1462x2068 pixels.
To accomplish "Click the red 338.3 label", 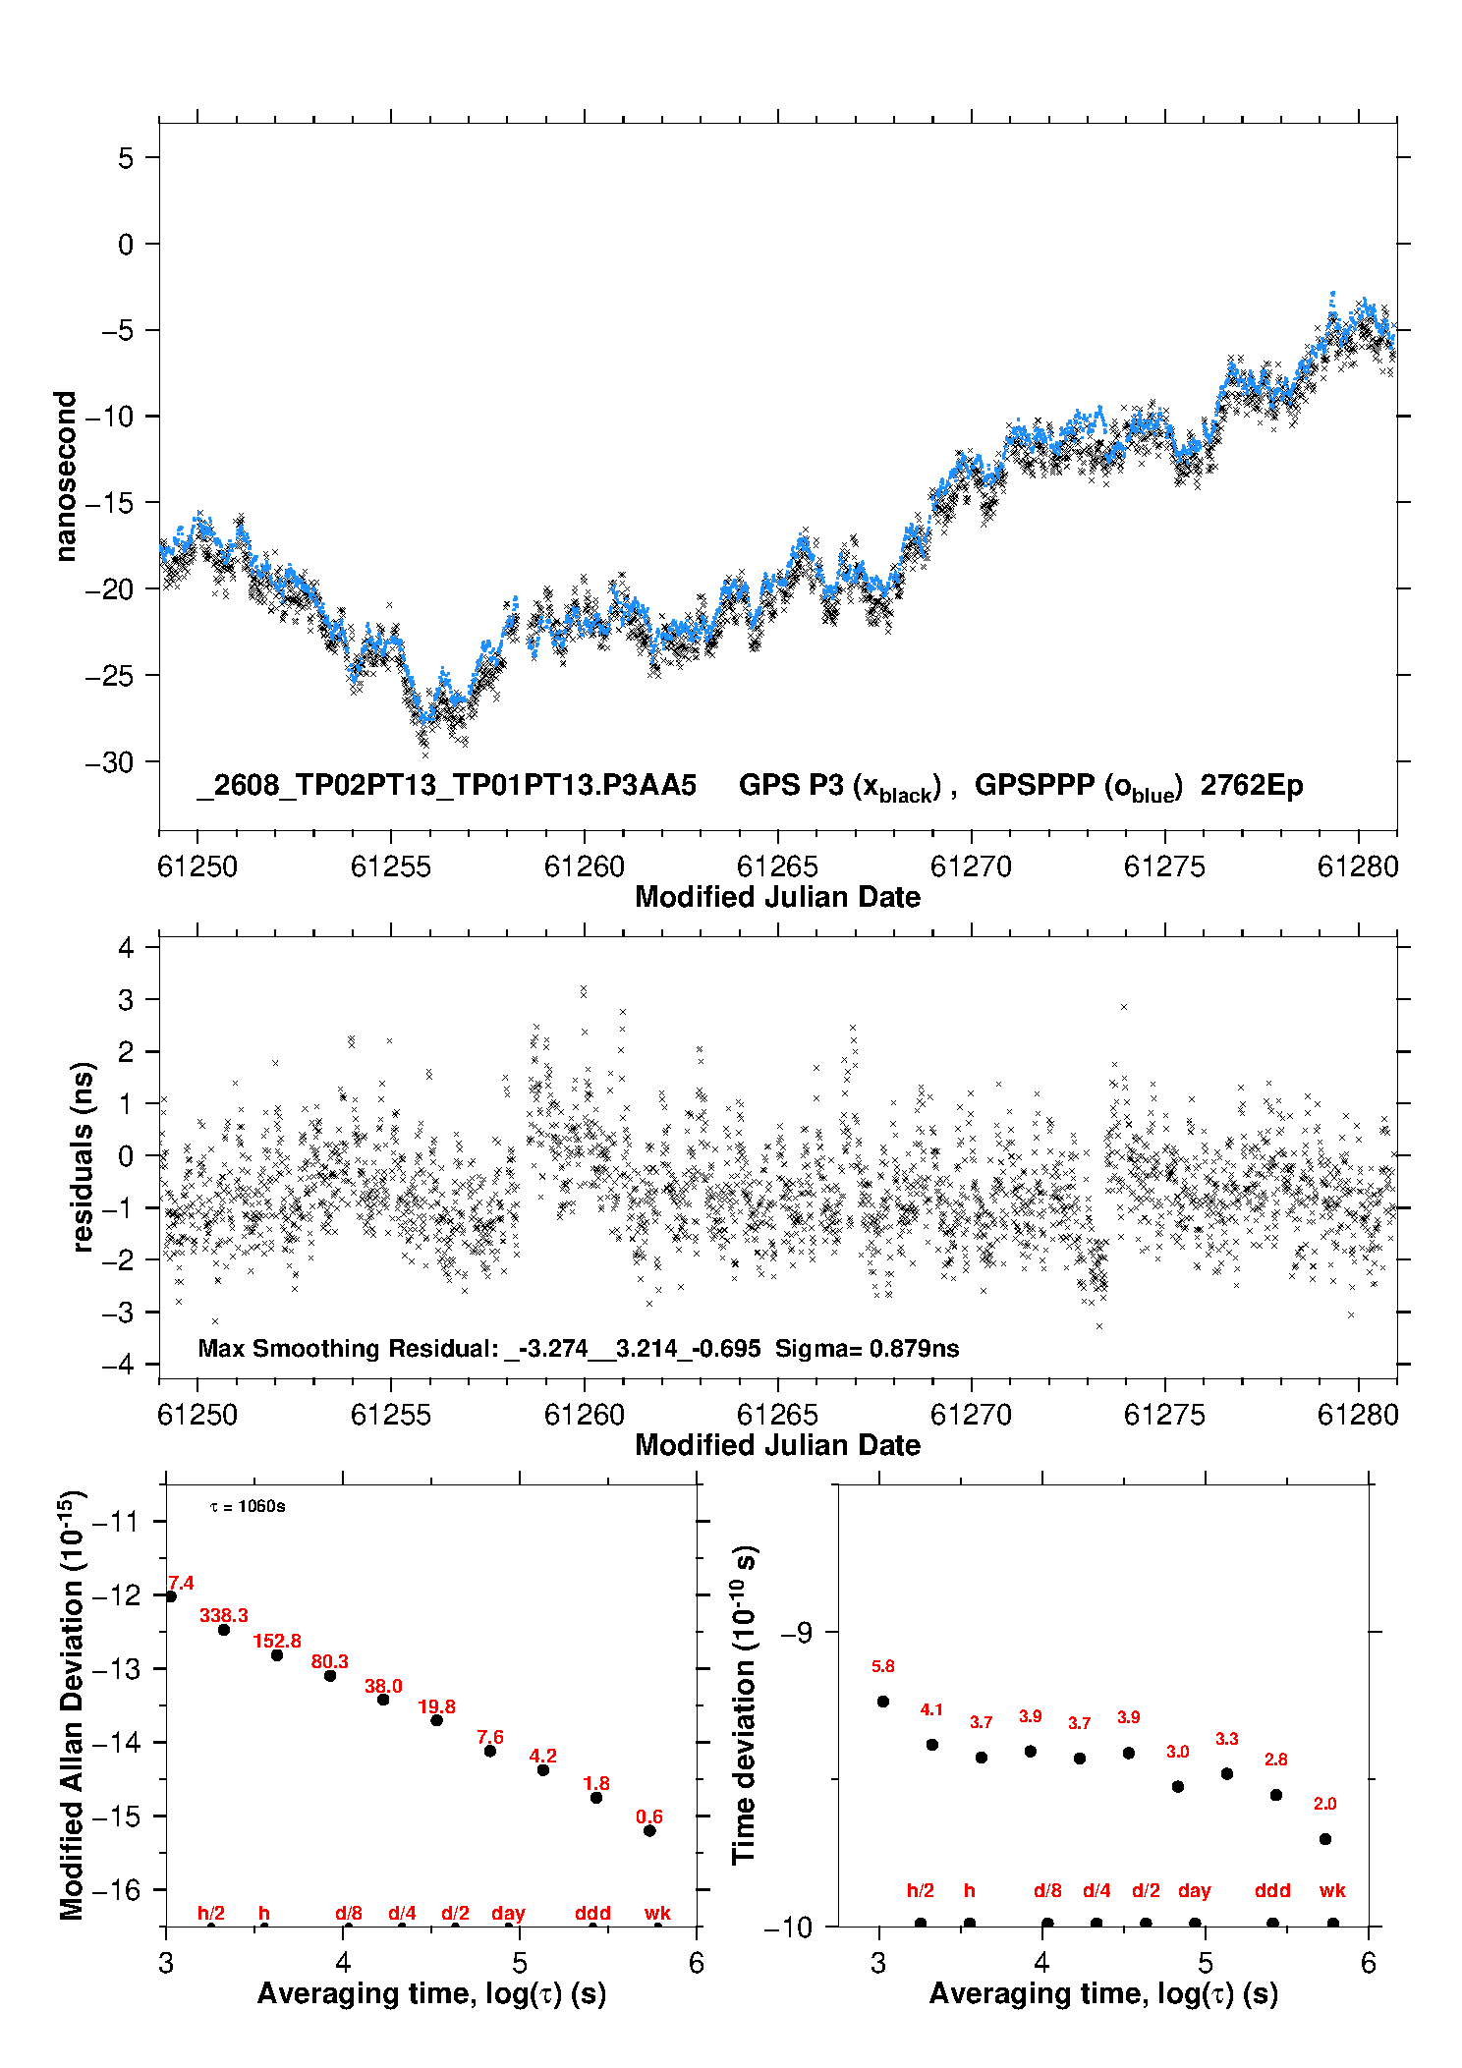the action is [x=224, y=1616].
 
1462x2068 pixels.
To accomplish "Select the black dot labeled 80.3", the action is [x=330, y=1675].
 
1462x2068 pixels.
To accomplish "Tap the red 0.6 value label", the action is [x=649, y=1816].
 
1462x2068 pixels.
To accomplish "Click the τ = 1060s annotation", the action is [x=248, y=1507].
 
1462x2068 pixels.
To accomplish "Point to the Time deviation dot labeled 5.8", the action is [x=882, y=1702].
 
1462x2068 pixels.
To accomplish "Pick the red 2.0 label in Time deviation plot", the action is [x=1324, y=1804].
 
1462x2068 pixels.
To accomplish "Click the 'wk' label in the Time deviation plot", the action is [x=1332, y=1890].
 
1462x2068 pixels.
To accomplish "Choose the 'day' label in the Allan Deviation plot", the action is [x=508, y=1914].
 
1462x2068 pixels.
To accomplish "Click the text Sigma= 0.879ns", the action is [x=867, y=1349].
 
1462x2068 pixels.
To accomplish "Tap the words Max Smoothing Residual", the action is [x=348, y=1349].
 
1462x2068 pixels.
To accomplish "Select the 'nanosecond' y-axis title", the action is [x=66, y=476].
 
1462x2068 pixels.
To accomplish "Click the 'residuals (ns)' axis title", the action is [x=84, y=1156].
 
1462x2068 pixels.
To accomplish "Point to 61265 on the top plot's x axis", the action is [x=777, y=866].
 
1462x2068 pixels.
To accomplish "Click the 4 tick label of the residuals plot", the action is [x=126, y=948].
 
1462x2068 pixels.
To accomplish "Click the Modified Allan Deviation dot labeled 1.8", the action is [x=596, y=1797].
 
